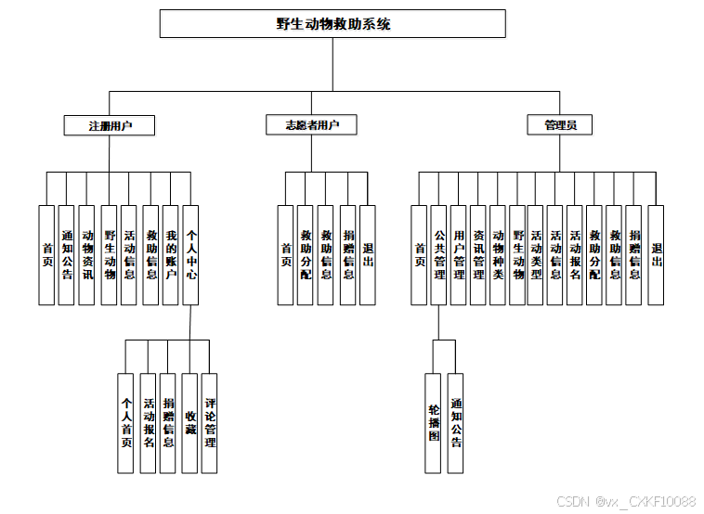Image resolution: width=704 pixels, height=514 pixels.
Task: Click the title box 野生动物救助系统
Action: tap(332, 24)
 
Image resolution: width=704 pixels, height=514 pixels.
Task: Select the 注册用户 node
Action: tap(110, 125)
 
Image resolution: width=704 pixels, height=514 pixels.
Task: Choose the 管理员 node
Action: tap(560, 125)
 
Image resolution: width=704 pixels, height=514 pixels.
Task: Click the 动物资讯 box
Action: tap(87, 255)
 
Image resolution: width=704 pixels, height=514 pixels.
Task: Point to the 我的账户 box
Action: tap(171, 255)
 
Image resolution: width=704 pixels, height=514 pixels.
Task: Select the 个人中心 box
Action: tap(190, 255)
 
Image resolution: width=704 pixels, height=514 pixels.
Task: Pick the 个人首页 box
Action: tap(126, 423)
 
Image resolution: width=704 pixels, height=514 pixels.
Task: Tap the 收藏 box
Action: tap(189, 423)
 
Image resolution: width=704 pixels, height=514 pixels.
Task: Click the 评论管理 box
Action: tap(210, 423)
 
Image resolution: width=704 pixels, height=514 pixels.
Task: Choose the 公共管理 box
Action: tap(438, 255)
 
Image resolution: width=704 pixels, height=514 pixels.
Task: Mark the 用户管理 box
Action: tap(458, 255)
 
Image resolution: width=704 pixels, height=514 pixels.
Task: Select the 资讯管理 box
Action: tap(477, 255)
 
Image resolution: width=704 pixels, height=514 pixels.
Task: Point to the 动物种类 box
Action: tap(498, 255)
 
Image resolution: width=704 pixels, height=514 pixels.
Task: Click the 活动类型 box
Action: tap(536, 255)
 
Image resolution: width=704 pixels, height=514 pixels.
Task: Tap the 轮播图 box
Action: tap(434, 423)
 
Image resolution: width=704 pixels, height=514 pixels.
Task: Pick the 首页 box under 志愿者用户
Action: tap(286, 255)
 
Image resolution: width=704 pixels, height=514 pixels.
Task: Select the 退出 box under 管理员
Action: tap(656, 255)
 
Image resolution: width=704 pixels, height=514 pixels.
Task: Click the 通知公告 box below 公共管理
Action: tap(455, 423)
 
